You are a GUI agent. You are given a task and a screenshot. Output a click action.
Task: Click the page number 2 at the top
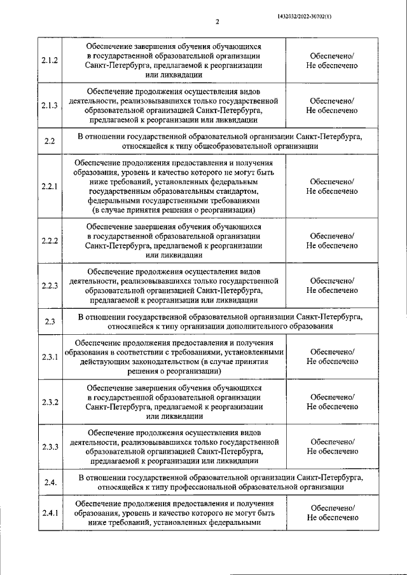pyautogui.click(x=217, y=22)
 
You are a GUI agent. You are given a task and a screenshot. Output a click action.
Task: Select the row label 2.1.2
pyautogui.click(x=50, y=61)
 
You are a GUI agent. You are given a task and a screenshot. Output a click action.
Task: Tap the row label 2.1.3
pyautogui.click(x=50, y=105)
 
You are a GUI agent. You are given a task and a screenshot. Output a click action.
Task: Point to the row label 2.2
pyautogui.click(x=50, y=141)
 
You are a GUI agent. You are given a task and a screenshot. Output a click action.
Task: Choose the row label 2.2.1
pyautogui.click(x=50, y=186)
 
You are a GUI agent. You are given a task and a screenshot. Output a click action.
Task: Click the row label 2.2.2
pyautogui.click(x=50, y=241)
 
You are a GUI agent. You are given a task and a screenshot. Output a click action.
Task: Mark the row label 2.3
pyautogui.click(x=50, y=321)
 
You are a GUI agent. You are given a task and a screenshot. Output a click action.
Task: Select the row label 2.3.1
pyautogui.click(x=50, y=357)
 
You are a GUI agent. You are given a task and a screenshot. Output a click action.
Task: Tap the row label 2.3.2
pyautogui.click(x=50, y=402)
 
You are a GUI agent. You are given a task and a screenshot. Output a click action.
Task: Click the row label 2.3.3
pyautogui.click(x=50, y=447)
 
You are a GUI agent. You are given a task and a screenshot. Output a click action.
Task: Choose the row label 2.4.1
pyautogui.click(x=50, y=513)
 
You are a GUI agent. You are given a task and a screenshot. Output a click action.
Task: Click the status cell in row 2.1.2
pyautogui.click(x=331, y=61)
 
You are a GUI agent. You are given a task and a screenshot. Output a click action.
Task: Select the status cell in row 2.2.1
pyautogui.click(x=331, y=186)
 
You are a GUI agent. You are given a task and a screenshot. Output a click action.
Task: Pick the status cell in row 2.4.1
pyautogui.click(x=331, y=513)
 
